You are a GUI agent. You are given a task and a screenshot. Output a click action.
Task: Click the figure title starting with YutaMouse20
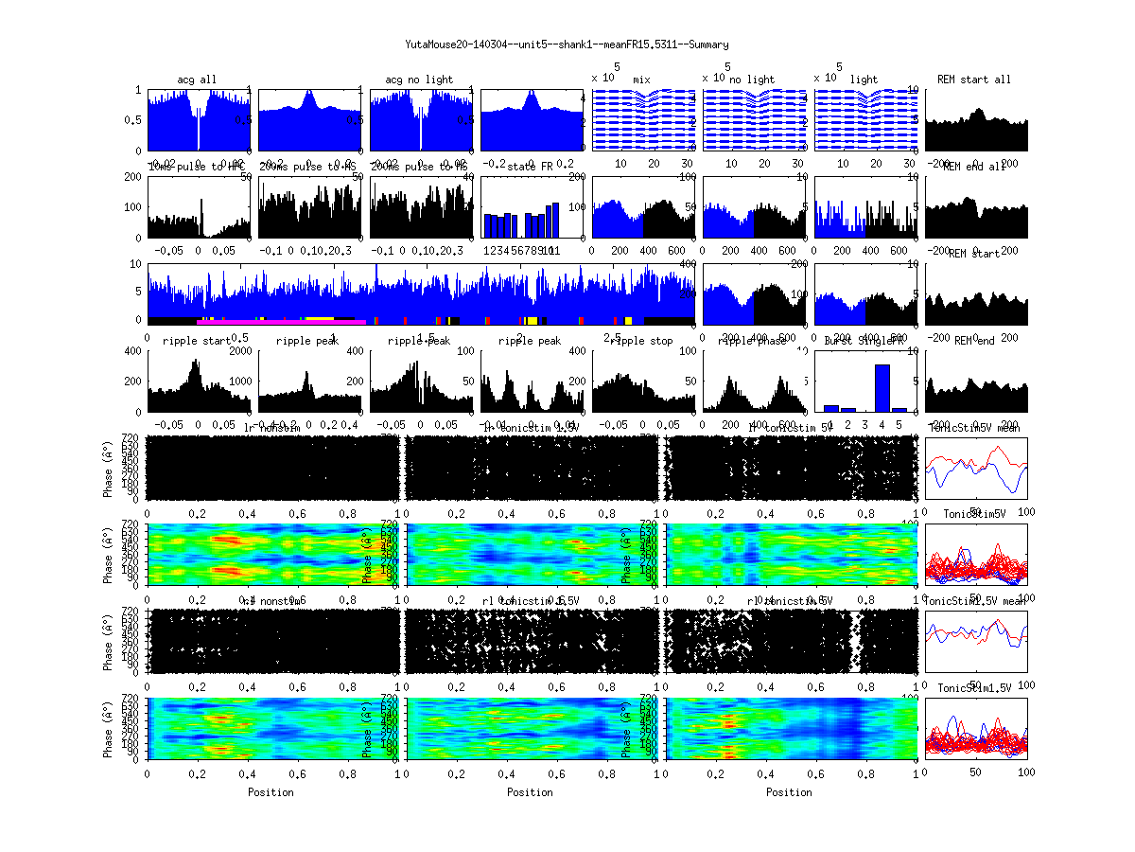coord(567,44)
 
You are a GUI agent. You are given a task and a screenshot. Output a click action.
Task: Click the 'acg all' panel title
coord(197,80)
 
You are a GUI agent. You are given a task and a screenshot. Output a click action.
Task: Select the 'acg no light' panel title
coord(419,80)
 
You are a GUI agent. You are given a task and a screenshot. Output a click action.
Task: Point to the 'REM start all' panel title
coord(974,80)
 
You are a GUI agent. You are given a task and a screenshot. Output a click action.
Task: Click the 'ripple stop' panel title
coord(641,341)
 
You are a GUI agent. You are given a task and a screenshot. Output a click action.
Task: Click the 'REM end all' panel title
coord(974,167)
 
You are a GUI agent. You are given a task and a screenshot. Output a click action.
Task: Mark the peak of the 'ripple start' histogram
coord(195,364)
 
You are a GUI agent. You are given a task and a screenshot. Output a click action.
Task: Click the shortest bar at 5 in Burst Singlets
coord(899,409)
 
